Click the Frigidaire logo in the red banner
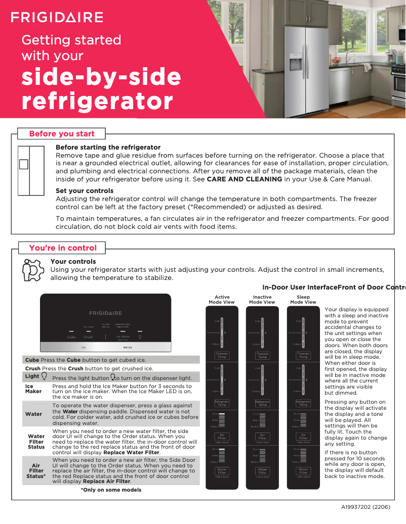coord(57,18)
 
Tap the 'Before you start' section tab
coord(62,134)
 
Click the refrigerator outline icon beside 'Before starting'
coord(30,171)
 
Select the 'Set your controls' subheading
coord(85,190)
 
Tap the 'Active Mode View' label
coord(222,300)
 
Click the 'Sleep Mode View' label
coord(303,300)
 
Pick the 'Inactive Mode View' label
coord(262,300)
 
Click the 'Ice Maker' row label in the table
coord(33,389)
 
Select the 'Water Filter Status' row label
coord(36,441)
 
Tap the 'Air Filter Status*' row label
coord(36,471)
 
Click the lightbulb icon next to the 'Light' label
coord(44,376)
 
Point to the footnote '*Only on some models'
coord(111,490)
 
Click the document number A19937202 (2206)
coord(365,506)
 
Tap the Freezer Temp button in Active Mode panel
coord(222,355)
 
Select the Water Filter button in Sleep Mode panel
coord(303,471)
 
